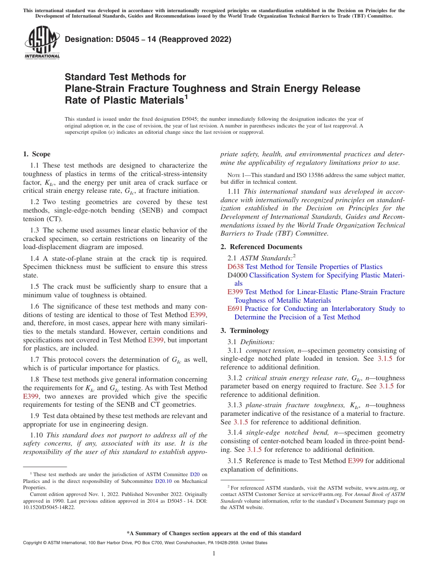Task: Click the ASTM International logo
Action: pos(42,42)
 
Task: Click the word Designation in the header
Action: pos(87,40)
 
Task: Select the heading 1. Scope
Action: pos(37,154)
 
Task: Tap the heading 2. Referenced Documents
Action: pos(261,247)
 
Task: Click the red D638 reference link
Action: pos(236,267)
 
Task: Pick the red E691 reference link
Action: pos(235,309)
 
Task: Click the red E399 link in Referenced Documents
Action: pos(235,292)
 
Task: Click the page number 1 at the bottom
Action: pos(214,554)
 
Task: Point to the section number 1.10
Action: pos(37,435)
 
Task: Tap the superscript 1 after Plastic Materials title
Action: pos(186,96)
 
